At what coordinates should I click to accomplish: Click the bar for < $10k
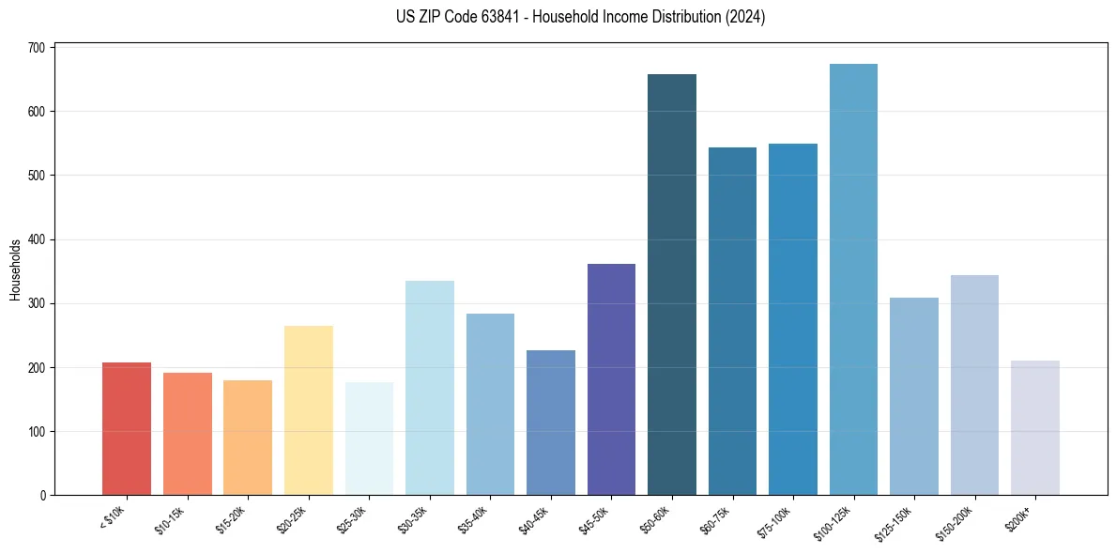tap(127, 428)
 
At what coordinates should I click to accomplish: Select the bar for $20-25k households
tap(309, 410)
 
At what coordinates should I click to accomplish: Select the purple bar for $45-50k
tap(611, 379)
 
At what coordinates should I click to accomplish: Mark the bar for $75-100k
tap(793, 319)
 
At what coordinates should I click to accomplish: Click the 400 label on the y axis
tap(43, 239)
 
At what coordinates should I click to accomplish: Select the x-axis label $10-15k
tap(171, 518)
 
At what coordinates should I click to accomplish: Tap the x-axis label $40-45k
tap(534, 518)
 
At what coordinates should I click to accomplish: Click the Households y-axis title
tap(16, 269)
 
